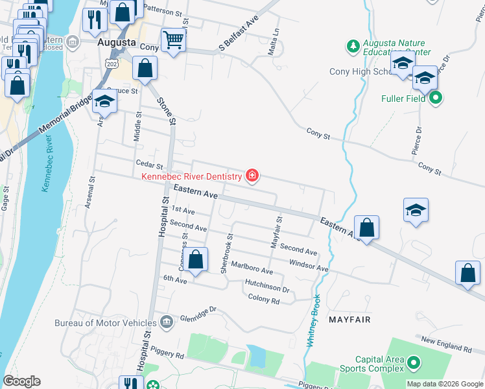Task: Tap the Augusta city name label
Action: tap(116, 43)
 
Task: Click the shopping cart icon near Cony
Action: tap(173, 40)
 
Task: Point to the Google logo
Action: tap(22, 381)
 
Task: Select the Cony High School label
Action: tap(359, 71)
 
